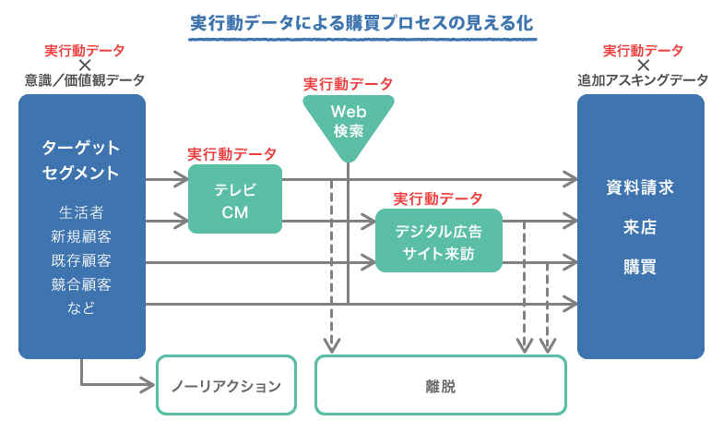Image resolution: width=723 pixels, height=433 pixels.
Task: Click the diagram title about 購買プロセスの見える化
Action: (361, 22)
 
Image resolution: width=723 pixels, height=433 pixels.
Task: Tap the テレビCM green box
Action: (235, 200)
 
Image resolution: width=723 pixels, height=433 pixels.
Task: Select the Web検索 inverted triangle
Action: (348, 121)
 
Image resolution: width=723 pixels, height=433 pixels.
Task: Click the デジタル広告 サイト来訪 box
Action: (438, 240)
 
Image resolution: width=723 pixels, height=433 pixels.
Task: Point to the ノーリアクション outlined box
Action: (226, 387)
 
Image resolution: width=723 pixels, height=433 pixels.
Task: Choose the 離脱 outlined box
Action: (440, 387)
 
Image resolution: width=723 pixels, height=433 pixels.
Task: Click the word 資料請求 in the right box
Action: (640, 187)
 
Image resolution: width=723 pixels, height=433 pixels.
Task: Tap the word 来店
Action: (640, 227)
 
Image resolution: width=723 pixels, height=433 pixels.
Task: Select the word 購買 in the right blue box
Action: (640, 267)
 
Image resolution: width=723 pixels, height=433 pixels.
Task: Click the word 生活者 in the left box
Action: (81, 212)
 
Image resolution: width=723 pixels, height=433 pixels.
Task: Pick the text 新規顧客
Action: (81, 236)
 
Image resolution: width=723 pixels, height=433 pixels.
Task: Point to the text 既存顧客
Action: (81, 260)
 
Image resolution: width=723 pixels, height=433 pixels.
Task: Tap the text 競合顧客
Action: (81, 284)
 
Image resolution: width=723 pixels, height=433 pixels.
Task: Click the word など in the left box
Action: (81, 308)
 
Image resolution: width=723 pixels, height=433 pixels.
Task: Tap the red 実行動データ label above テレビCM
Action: (231, 153)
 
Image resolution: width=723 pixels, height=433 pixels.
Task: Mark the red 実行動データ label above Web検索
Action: (348, 84)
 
